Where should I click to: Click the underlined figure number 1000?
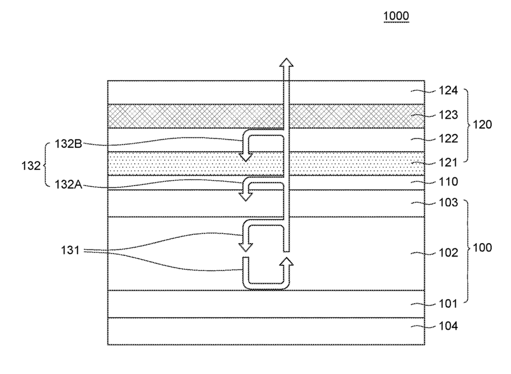pyautogui.click(x=396, y=16)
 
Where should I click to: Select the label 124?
pyautogui.click(x=448, y=90)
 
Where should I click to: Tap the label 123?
pyautogui.click(x=448, y=115)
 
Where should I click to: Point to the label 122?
pyautogui.click(x=448, y=138)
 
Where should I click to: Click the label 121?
pyautogui.click(x=448, y=162)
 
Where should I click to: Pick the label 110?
pyautogui.click(x=448, y=181)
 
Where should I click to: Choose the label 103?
pyautogui.click(x=448, y=202)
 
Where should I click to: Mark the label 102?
pyautogui.click(x=448, y=252)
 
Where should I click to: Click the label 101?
pyautogui.click(x=448, y=304)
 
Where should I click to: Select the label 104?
pyautogui.click(x=448, y=326)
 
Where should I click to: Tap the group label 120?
pyautogui.click(x=482, y=124)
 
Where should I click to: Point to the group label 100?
pyautogui.click(x=482, y=248)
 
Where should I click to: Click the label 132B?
pyautogui.click(x=69, y=144)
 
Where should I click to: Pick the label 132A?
pyautogui.click(x=69, y=184)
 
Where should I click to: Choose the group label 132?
pyautogui.click(x=31, y=166)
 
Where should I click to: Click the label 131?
pyautogui.click(x=70, y=251)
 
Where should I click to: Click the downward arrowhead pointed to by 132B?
pyautogui.click(x=246, y=157)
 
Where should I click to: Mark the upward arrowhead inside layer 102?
pyautogui.click(x=286, y=261)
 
